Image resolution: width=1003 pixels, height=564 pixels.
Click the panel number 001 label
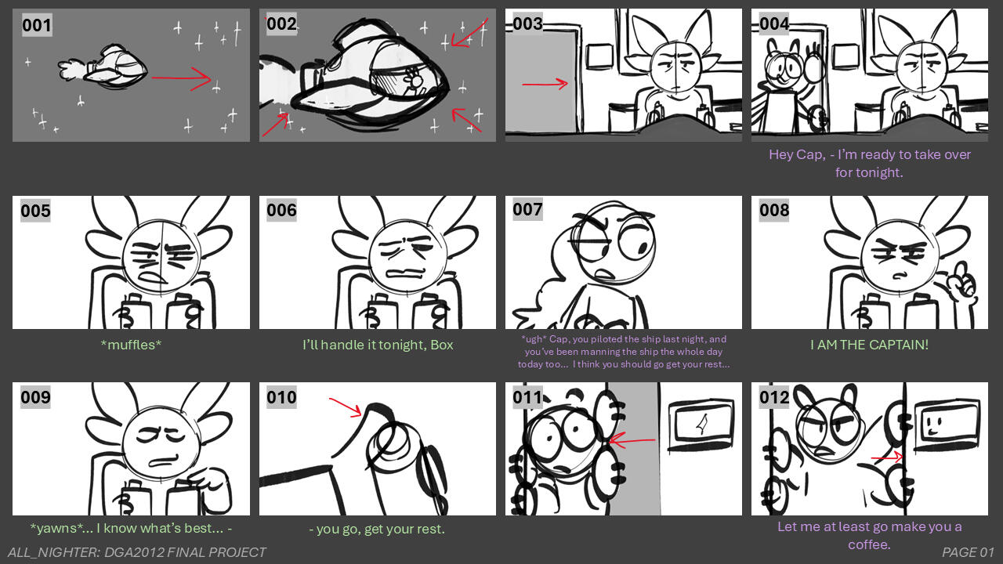(x=37, y=25)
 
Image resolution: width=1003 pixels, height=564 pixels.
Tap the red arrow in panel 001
(x=181, y=78)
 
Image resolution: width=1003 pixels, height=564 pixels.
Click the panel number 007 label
(x=527, y=209)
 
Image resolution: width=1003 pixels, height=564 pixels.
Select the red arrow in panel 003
(x=545, y=83)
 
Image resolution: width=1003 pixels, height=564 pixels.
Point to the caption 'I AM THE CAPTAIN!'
(x=869, y=344)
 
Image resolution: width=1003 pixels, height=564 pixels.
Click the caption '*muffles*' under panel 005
(x=131, y=344)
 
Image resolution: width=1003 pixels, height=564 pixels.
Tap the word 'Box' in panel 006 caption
(x=440, y=344)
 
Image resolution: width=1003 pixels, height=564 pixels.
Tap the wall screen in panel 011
(x=700, y=425)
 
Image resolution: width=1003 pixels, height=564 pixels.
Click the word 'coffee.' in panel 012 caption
(x=869, y=544)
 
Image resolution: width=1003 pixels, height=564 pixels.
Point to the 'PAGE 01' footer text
(x=968, y=552)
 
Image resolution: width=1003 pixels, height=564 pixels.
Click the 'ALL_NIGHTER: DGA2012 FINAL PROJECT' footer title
(x=137, y=552)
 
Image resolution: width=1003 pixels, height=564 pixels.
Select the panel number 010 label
(x=281, y=397)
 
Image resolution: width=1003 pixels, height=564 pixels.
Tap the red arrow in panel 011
(x=632, y=441)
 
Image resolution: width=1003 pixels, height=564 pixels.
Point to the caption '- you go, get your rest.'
(x=377, y=529)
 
